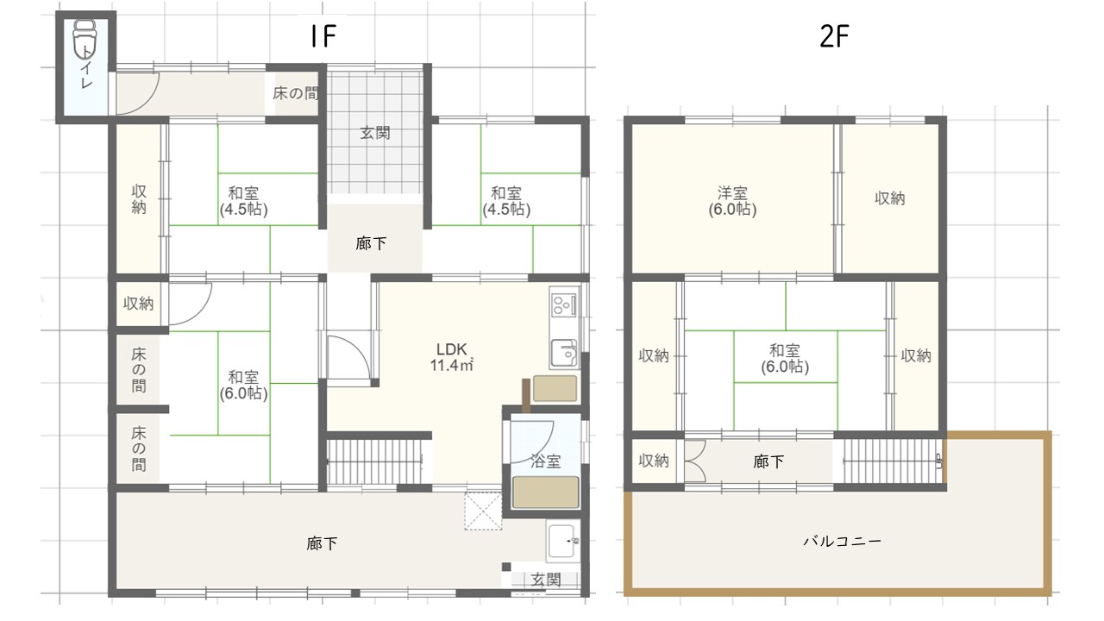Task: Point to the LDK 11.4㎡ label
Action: tap(451, 357)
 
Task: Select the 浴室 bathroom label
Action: tap(545, 461)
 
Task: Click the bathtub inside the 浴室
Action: tap(546, 492)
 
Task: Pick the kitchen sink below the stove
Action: tap(564, 353)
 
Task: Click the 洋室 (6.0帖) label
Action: tap(733, 200)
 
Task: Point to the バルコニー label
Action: tap(841, 542)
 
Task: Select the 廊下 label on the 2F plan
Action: tap(768, 462)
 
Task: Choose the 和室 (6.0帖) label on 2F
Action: tap(784, 358)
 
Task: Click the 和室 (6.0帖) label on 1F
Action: tap(243, 385)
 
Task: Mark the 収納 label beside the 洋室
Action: tap(890, 198)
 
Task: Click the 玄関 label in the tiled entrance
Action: tap(374, 133)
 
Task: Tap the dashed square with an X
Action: tap(483, 511)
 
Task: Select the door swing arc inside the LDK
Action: tap(349, 355)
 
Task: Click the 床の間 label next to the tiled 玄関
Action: tap(295, 93)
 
